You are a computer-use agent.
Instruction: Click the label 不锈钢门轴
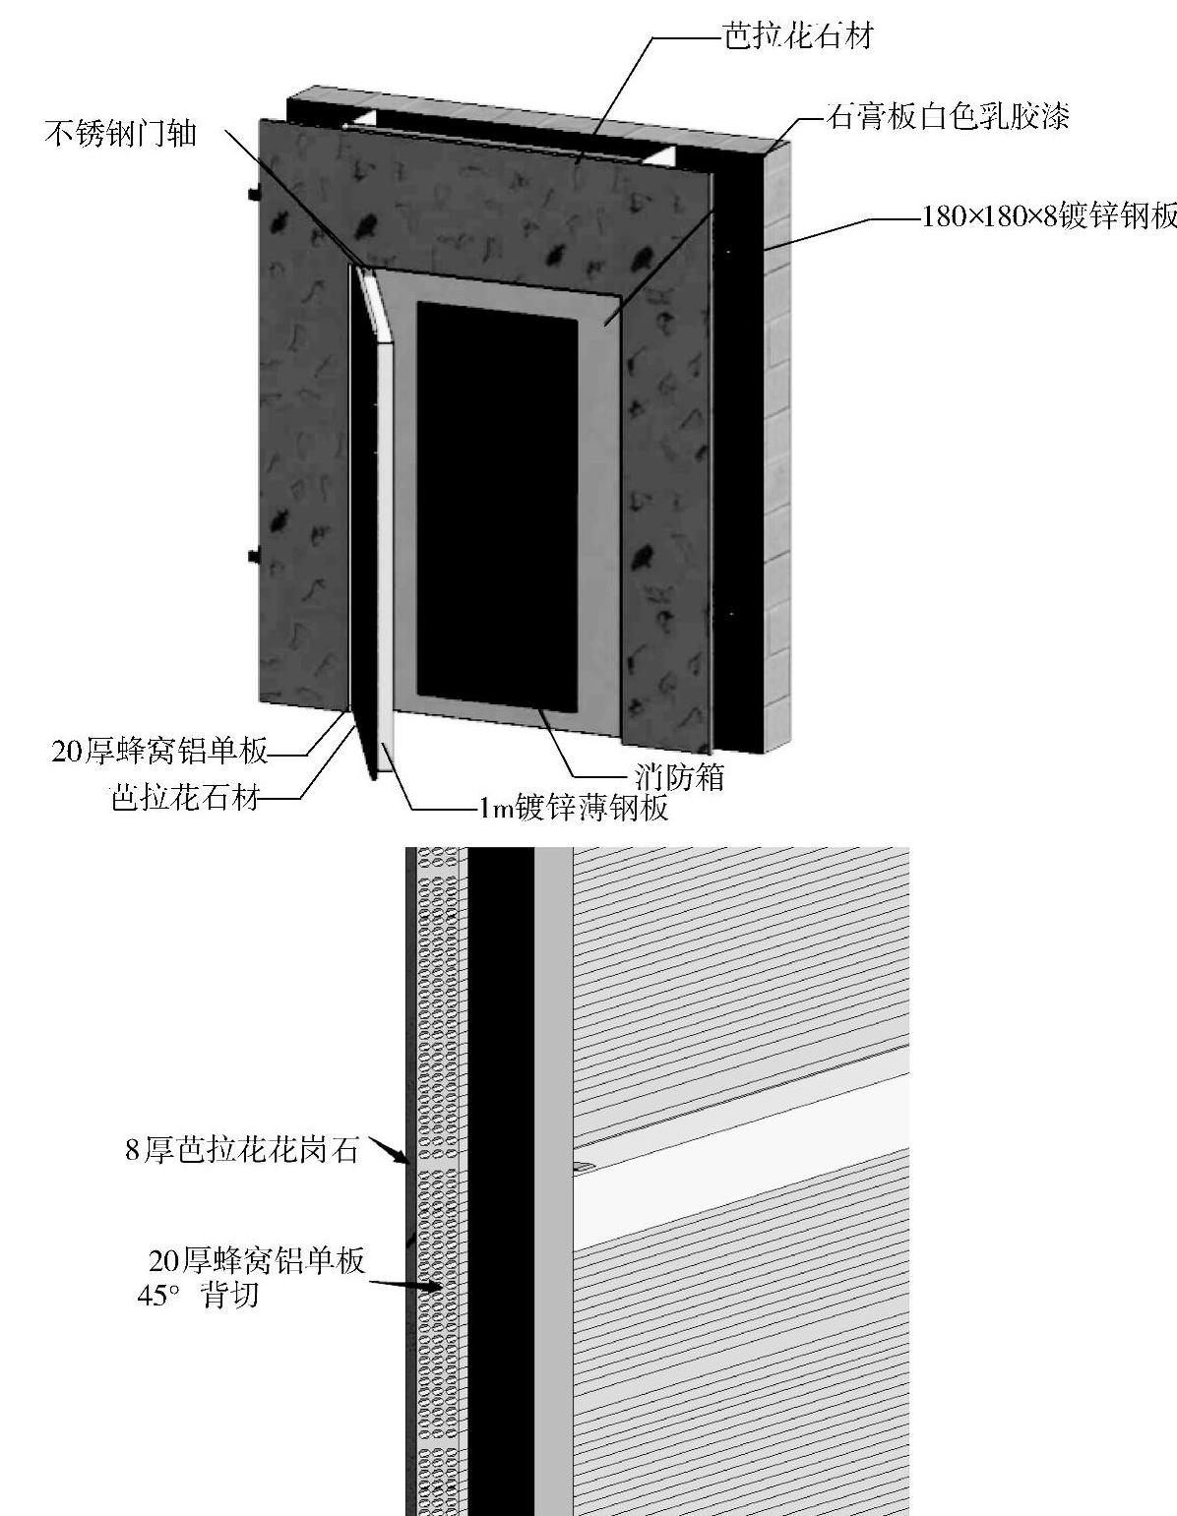pyautogui.click(x=120, y=132)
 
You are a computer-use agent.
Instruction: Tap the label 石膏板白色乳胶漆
pyautogui.click(x=948, y=117)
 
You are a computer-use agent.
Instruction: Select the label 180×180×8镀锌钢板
pyautogui.click(x=1048, y=216)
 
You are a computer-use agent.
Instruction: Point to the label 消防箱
pyautogui.click(x=678, y=776)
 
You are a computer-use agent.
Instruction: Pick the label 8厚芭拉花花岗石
pyautogui.click(x=242, y=1150)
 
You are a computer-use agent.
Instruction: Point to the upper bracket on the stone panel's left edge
pyautogui.click(x=253, y=193)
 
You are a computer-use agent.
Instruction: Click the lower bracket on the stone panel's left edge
pyautogui.click(x=253, y=556)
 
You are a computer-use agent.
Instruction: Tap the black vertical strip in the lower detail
pyautogui.click(x=501, y=1181)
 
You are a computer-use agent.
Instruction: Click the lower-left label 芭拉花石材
pyautogui.click(x=185, y=797)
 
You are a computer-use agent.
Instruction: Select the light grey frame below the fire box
pyautogui.click(x=492, y=717)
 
